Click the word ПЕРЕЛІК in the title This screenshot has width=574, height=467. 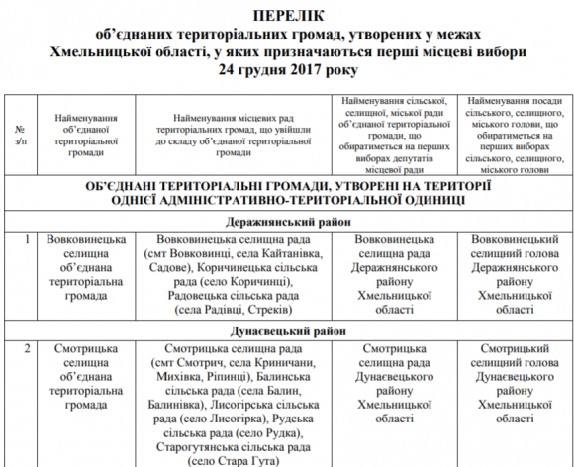286,15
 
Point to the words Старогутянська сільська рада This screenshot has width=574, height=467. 234,445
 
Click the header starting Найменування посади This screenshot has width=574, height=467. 517,137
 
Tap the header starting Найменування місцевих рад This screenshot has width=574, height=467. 234,137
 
